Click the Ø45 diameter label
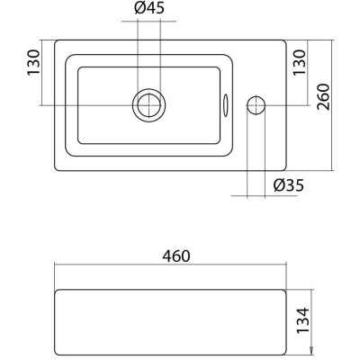149,8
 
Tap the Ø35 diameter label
289,185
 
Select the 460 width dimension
176,256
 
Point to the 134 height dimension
302,319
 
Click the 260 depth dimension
323,97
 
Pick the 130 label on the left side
33,63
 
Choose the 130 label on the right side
301,63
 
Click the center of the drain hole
149,105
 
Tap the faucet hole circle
256,105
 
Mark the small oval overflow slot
226,105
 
